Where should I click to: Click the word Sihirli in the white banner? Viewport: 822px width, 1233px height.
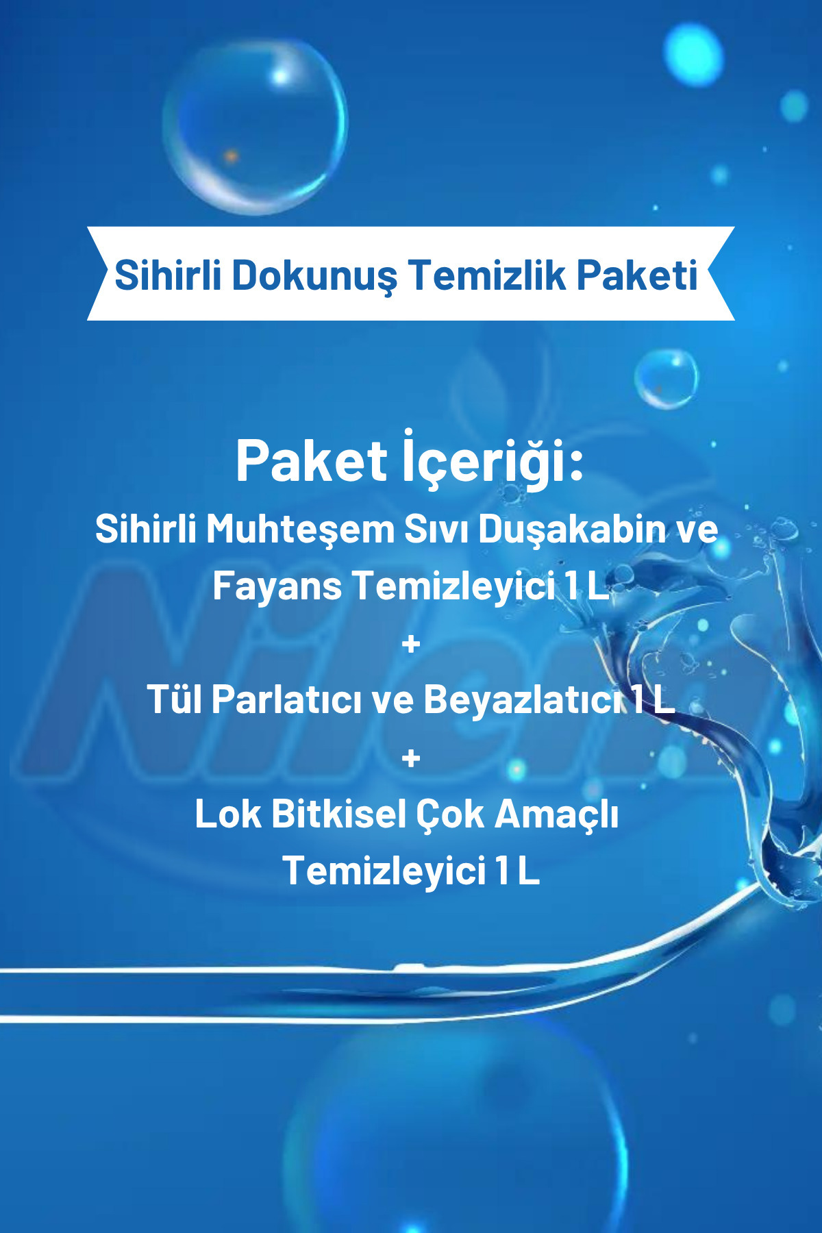click(x=167, y=275)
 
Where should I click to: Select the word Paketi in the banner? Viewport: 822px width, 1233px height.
click(x=637, y=275)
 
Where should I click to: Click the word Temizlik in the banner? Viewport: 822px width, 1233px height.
click(x=487, y=275)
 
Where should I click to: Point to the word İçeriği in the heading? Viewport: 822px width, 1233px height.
click(x=492, y=460)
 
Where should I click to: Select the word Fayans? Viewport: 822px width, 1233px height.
click(x=277, y=586)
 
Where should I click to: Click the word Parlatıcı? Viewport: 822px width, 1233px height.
click(x=286, y=699)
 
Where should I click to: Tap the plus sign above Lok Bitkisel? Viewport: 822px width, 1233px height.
click(x=411, y=758)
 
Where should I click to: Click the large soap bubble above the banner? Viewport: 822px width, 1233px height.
click(x=255, y=125)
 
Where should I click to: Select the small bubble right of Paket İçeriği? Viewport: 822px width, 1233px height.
click(x=666, y=379)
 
